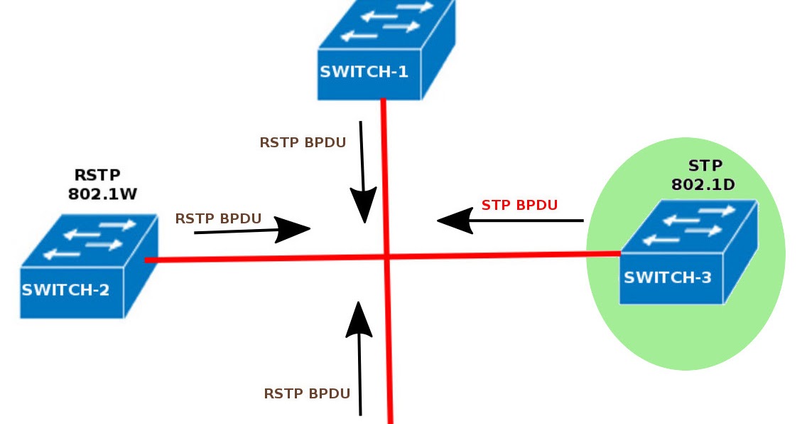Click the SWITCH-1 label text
click(x=364, y=71)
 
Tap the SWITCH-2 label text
click(x=65, y=290)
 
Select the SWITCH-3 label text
click(x=667, y=277)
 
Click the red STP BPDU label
click(x=519, y=206)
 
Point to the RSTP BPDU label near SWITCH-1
click(x=303, y=142)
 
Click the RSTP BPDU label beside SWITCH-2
click(x=218, y=218)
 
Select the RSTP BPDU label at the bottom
click(x=307, y=393)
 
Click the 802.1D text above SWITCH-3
click(x=703, y=185)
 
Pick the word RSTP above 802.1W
click(x=97, y=175)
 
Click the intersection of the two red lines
click(x=386, y=257)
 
